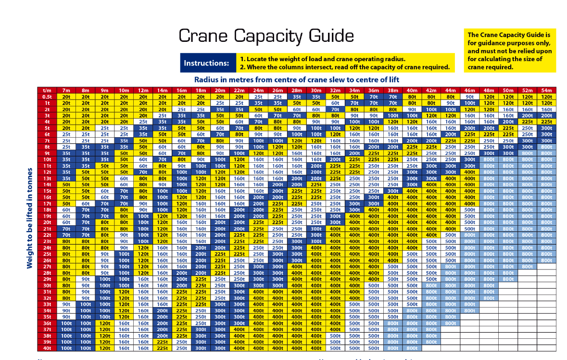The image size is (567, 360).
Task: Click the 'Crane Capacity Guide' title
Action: click(266, 36)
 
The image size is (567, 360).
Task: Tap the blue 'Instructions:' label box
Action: click(207, 63)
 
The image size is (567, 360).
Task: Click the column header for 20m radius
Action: click(220, 90)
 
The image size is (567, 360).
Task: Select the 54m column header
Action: click(546, 90)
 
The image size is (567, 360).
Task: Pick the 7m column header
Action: click(66, 90)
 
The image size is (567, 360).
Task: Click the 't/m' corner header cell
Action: click(47, 90)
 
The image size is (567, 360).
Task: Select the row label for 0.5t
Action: click(47, 97)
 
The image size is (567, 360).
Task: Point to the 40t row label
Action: click(47, 348)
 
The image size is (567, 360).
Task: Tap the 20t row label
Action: click(47, 222)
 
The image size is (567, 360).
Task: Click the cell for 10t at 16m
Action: click(181, 159)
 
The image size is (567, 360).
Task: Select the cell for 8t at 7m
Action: click(66, 147)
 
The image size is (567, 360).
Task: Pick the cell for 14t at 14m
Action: click(162, 184)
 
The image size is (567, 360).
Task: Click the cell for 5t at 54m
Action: click(546, 128)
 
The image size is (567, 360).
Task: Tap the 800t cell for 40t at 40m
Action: click(412, 348)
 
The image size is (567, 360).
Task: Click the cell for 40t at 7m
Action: click(66, 348)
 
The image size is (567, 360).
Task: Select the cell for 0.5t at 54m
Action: click(546, 97)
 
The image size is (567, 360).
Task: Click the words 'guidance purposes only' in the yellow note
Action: click(505, 43)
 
